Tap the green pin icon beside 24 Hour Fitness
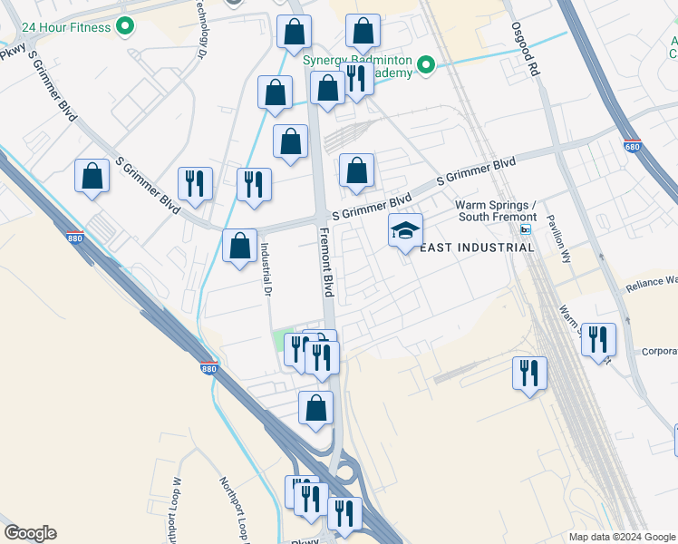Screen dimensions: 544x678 tap(126, 26)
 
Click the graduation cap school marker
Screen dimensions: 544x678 tap(405, 231)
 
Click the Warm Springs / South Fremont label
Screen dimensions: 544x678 tap(496, 210)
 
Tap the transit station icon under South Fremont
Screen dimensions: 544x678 tap(525, 228)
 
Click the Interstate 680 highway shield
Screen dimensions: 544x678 tap(632, 145)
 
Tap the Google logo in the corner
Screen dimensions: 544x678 tap(30, 533)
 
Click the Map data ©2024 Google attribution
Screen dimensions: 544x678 tap(621, 537)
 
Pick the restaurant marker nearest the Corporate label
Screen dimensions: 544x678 tap(598, 341)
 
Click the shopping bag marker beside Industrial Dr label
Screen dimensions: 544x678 tap(238, 247)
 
